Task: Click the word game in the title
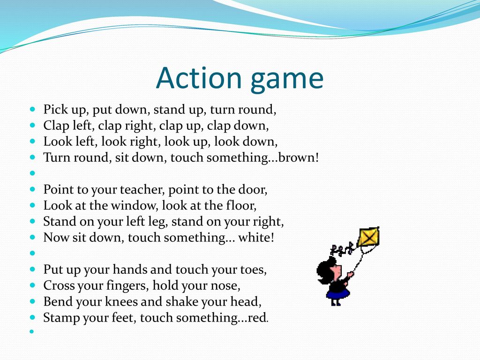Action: click(287, 81)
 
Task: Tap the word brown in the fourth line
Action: click(296, 157)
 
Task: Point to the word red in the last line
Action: click(257, 317)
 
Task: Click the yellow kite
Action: click(368, 237)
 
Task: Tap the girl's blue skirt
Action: click(338, 293)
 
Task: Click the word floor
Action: click(240, 205)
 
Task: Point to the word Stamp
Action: click(59, 318)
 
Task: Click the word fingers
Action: click(127, 286)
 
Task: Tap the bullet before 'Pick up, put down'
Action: click(33, 109)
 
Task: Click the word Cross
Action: click(59, 285)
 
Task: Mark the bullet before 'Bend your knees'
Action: click(33, 301)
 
